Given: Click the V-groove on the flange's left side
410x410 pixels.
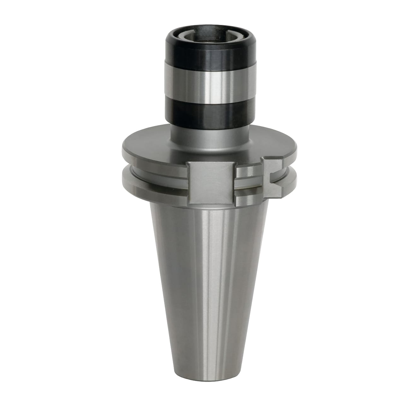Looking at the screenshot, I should tap(132, 167).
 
